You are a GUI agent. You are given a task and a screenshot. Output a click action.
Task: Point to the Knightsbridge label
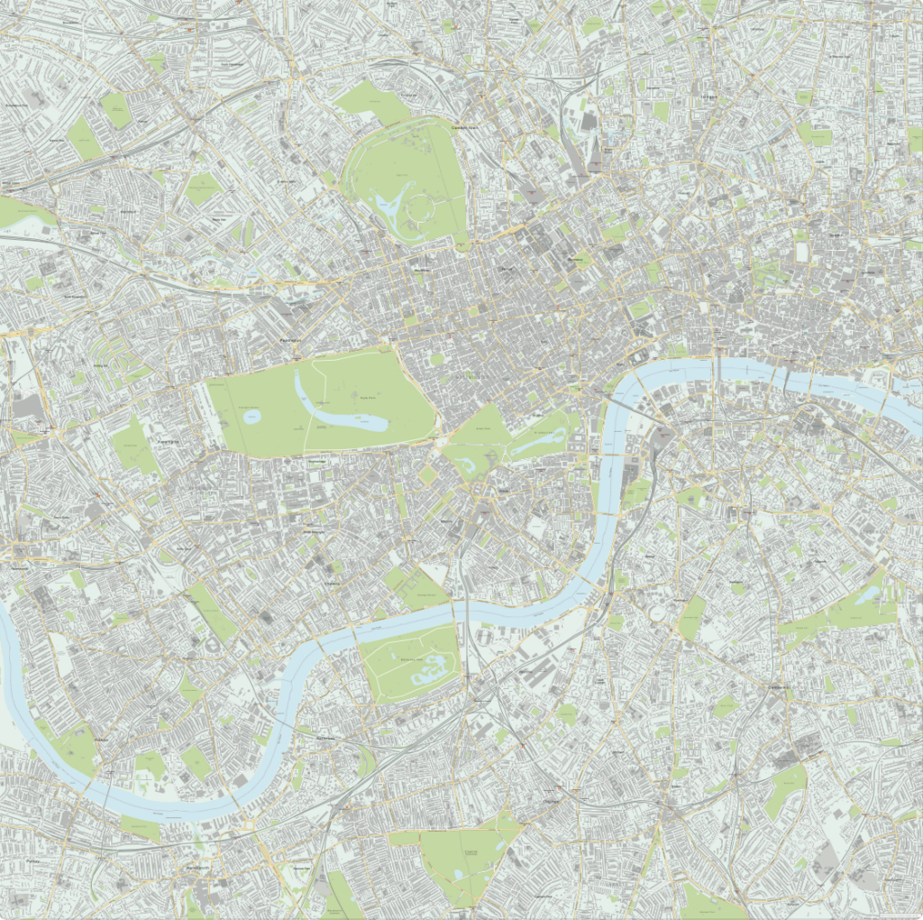coord(316,461)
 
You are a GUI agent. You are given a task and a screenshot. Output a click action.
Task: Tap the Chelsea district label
coord(333,584)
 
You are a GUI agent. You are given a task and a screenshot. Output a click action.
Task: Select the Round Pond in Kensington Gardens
coord(251,417)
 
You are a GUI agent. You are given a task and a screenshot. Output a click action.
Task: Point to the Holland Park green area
coord(134,446)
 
